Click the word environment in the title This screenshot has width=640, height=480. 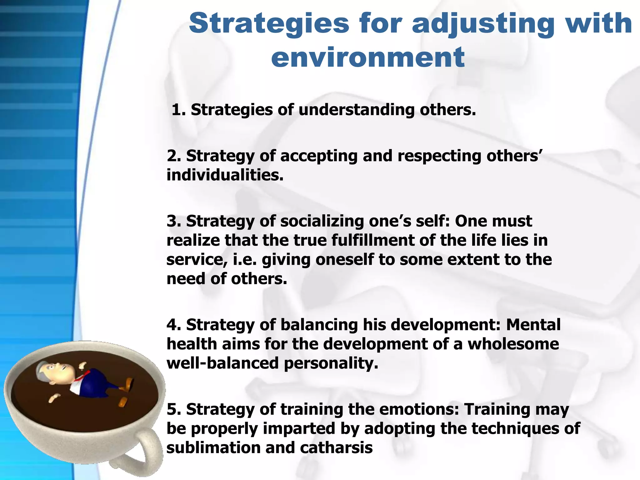[x=368, y=57]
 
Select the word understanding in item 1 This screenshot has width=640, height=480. [x=356, y=110]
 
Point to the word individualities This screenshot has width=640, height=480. [x=225, y=175]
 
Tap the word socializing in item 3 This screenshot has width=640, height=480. [x=322, y=221]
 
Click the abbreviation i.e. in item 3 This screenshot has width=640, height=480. [x=245, y=259]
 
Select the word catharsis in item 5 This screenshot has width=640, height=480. [x=336, y=447]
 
